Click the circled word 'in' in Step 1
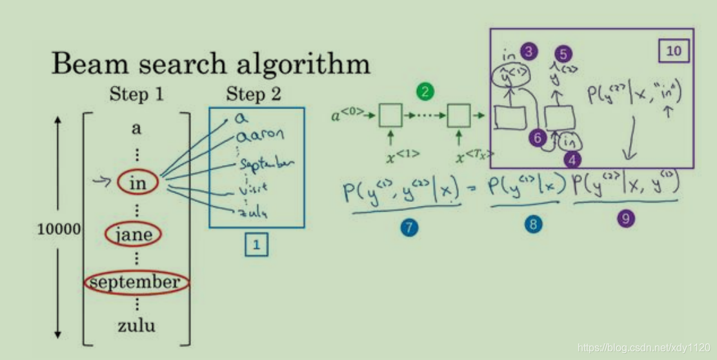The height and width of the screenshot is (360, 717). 137,183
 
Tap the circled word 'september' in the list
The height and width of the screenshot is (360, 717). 136,282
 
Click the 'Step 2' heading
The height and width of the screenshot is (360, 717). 254,94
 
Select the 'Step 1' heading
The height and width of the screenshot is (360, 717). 136,94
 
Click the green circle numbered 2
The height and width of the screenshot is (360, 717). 425,92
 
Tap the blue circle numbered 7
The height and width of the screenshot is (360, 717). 408,228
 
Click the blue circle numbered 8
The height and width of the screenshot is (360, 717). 533,224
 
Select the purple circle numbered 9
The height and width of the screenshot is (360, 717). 625,219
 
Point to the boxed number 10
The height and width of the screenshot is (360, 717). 673,51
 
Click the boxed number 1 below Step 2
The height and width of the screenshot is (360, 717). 256,245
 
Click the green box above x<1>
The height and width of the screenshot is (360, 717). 390,115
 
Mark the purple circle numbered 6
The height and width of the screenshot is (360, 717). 537,137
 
